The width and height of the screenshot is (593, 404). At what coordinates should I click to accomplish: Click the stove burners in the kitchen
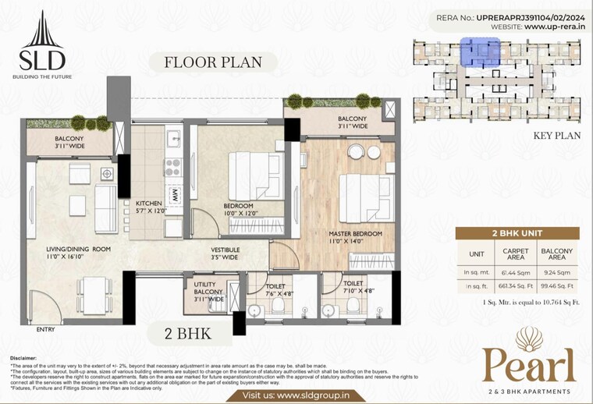point(172,166)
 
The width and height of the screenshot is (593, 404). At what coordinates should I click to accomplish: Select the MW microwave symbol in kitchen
point(176,195)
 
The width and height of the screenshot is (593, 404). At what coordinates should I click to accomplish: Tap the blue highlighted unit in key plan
point(475,53)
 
